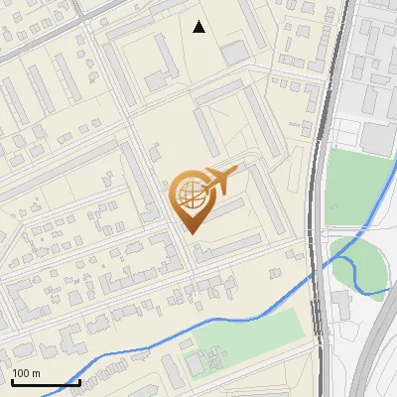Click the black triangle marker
pos(199,27)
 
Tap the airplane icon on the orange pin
pos(218,180)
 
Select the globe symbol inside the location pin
pos(189,196)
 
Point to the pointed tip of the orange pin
pos(193,232)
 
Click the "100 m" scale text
pos(26,373)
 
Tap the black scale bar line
pos(46,382)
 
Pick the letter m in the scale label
pos(36,373)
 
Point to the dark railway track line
pos(316,198)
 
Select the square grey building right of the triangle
pos(234,53)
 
